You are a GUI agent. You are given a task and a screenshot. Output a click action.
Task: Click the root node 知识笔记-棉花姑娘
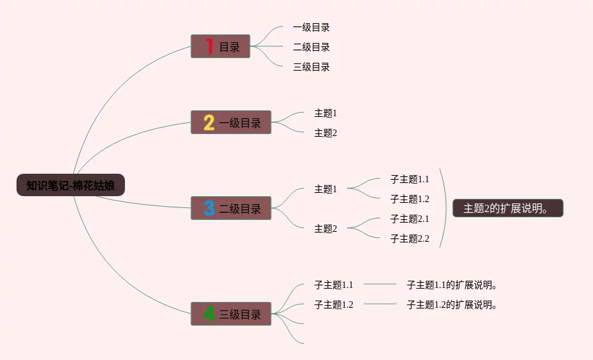pyautogui.click(x=71, y=186)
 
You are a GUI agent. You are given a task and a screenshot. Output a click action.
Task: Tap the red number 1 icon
pyautogui.click(x=209, y=46)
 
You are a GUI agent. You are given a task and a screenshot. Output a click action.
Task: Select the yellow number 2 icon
pyautogui.click(x=209, y=122)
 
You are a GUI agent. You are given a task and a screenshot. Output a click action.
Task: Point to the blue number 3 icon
pyautogui.click(x=209, y=208)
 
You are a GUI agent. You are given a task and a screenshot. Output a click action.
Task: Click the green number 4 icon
pyautogui.click(x=209, y=314)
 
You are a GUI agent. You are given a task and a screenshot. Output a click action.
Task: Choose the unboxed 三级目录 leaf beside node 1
pyautogui.click(x=311, y=67)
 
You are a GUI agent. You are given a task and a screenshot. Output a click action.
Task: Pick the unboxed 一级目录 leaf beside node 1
pyautogui.click(x=311, y=27)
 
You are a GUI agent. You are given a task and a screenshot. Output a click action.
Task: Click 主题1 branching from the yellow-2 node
pyautogui.click(x=325, y=113)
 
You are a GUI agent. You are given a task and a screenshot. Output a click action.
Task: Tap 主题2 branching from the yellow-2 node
pyautogui.click(x=325, y=133)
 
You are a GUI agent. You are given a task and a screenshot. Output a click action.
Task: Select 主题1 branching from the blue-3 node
pyautogui.click(x=325, y=189)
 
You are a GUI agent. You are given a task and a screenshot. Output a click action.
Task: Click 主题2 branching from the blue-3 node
pyautogui.click(x=325, y=229)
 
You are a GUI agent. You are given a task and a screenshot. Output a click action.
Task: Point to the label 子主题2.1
pyautogui.click(x=409, y=219)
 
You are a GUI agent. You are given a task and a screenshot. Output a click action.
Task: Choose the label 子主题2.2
pyautogui.click(x=409, y=238)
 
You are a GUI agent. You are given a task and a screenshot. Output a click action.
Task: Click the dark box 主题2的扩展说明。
pyautogui.click(x=507, y=208)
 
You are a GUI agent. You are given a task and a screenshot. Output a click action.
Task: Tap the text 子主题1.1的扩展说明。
pyautogui.click(x=452, y=285)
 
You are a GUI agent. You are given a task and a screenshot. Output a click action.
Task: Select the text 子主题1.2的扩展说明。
pyautogui.click(x=452, y=305)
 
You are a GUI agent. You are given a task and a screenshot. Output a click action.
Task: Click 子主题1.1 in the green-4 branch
pyautogui.click(x=334, y=285)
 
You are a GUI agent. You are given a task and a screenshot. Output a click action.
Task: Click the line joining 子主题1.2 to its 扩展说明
pyautogui.click(x=380, y=304)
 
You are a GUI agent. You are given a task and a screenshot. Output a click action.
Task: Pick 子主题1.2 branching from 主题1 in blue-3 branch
pyautogui.click(x=409, y=199)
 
